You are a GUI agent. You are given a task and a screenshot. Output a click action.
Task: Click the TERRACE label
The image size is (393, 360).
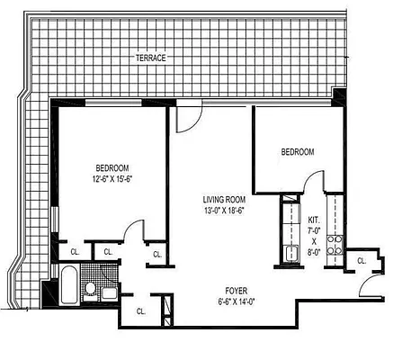[151, 58]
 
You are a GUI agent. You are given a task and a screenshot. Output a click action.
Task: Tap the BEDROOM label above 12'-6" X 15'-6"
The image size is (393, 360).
[113, 168]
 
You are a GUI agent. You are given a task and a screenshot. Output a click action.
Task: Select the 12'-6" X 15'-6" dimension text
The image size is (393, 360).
[113, 180]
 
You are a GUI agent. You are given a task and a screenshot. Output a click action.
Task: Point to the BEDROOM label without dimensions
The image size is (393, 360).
[297, 152]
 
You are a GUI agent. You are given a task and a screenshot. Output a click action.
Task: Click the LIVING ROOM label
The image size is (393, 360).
[222, 201]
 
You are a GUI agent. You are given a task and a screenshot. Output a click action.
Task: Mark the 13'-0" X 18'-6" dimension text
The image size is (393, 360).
[222, 212]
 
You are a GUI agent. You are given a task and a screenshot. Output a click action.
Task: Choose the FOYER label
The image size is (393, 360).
[236, 291]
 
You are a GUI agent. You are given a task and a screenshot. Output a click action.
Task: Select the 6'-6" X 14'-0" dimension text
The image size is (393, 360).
[236, 302]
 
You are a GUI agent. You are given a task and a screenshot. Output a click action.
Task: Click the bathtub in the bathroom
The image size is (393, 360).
[68, 288]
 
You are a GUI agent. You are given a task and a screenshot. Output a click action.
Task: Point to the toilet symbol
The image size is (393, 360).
[90, 289]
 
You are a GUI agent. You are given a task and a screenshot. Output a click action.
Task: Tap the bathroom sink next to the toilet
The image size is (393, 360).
[109, 292]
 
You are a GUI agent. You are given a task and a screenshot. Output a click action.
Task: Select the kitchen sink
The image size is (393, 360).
[290, 252]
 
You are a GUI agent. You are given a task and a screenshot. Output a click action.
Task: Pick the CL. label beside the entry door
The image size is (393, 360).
[361, 261]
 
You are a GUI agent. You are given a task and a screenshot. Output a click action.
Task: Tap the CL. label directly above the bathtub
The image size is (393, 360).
[74, 252]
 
